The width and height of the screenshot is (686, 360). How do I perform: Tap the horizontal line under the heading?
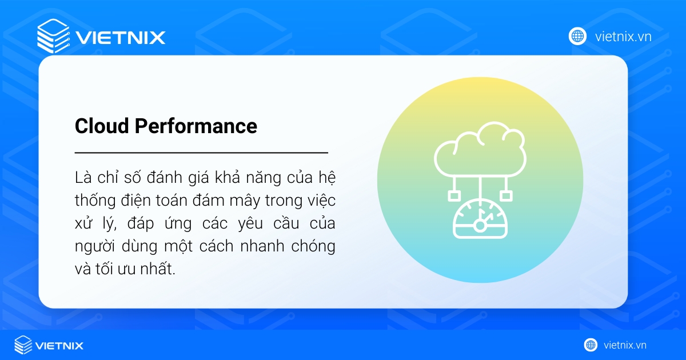point(201,153)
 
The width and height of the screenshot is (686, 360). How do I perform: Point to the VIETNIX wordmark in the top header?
point(120,38)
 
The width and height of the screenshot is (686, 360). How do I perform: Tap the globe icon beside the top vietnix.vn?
point(577,37)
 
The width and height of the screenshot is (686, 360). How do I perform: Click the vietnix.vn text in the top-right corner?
point(623,37)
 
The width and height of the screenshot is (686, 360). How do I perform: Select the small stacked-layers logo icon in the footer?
point(23,345)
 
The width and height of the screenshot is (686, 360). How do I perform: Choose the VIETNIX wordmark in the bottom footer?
point(59,346)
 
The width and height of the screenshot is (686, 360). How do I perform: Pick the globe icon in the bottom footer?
point(591,345)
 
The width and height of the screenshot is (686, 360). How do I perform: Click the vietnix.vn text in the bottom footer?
point(625,345)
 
